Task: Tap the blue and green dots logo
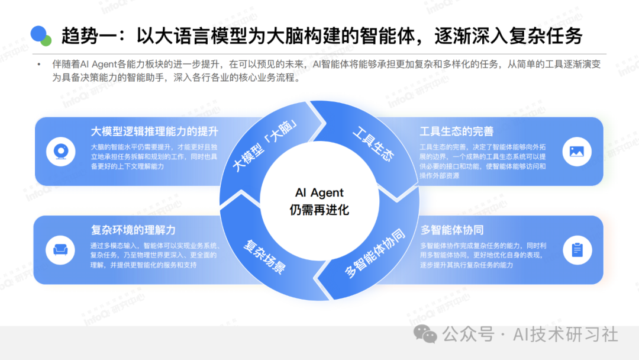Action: [x=41, y=36]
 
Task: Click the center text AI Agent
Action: [x=319, y=193]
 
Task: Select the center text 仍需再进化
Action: [x=319, y=210]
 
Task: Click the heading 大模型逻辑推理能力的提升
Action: [x=154, y=131]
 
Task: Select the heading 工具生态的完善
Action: [x=456, y=131]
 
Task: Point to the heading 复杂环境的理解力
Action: [x=133, y=230]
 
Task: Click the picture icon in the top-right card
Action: [x=576, y=151]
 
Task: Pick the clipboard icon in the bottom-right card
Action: [x=577, y=249]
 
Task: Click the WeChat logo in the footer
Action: [x=425, y=334]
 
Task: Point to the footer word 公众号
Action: [x=468, y=335]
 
